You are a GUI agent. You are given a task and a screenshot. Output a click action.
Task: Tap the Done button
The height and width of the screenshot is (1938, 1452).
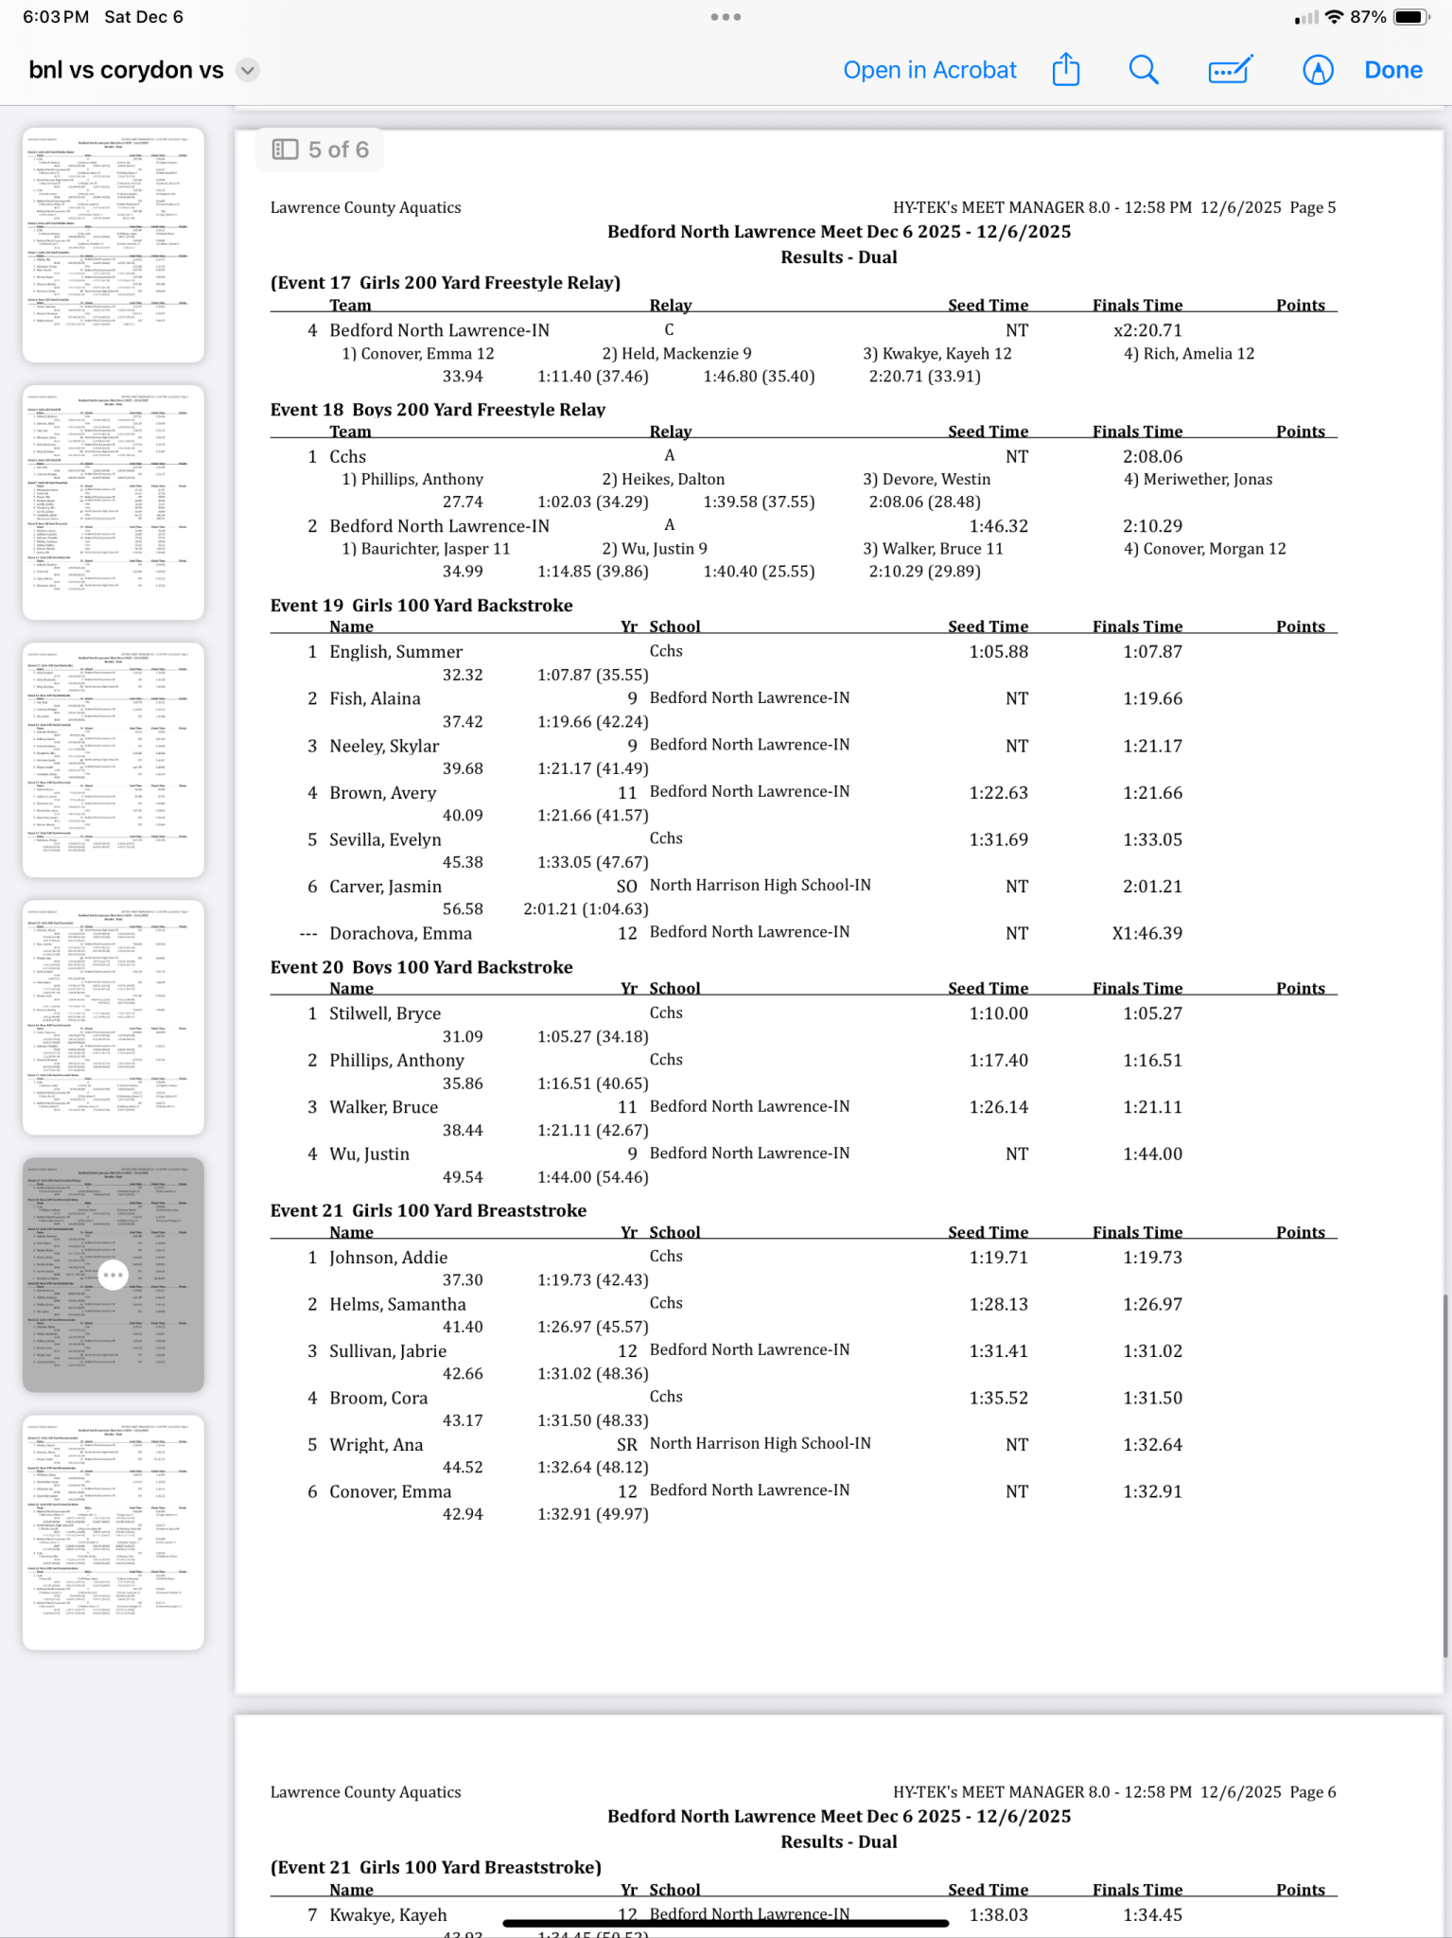(x=1392, y=70)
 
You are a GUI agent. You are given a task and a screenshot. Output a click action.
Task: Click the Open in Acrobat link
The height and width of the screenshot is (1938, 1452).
(x=929, y=70)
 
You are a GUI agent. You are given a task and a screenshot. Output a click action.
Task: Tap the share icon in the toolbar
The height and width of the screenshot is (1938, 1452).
(x=1066, y=69)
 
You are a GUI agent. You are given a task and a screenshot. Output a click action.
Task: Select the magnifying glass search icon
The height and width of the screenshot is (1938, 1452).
(x=1144, y=69)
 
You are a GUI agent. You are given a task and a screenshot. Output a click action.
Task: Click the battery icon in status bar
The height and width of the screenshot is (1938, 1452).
(x=1410, y=17)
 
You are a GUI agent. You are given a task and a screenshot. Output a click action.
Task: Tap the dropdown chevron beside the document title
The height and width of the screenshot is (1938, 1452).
(x=247, y=70)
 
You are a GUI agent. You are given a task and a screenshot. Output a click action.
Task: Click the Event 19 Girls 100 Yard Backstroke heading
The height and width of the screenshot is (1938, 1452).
(x=421, y=606)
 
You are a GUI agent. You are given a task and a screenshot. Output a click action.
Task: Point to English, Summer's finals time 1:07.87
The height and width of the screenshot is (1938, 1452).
(x=1152, y=652)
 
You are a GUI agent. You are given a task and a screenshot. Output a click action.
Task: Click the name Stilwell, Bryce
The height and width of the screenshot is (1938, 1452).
(x=385, y=1013)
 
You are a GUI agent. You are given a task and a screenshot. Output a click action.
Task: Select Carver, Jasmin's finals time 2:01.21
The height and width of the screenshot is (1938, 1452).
(x=1152, y=887)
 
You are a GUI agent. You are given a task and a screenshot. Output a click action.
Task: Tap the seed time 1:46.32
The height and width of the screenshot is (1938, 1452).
(x=998, y=526)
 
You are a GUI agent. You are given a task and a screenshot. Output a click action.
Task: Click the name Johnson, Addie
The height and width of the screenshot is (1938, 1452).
(x=388, y=1258)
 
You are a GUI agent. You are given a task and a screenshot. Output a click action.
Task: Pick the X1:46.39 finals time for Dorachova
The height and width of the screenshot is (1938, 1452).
(x=1146, y=933)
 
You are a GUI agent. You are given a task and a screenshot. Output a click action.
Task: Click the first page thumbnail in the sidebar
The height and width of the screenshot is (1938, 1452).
(x=114, y=245)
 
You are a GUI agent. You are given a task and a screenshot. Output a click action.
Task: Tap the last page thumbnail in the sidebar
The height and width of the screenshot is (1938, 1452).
(x=114, y=1532)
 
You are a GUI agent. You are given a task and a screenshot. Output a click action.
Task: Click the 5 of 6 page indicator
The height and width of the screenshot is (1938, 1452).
(x=321, y=150)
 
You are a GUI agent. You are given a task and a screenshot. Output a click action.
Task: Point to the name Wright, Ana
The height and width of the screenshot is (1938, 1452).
(x=376, y=1445)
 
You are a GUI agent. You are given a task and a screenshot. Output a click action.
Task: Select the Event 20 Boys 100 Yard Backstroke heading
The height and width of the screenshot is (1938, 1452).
(x=421, y=967)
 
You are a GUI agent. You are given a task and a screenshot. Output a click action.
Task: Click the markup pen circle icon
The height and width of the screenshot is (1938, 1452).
(x=1318, y=70)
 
